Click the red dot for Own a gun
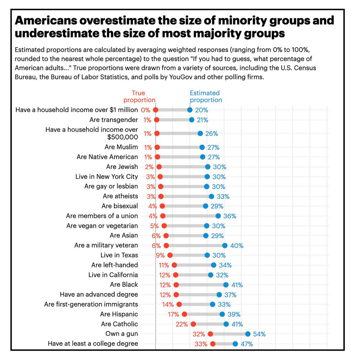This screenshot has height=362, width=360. [210, 334]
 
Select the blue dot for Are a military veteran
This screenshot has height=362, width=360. [225, 246]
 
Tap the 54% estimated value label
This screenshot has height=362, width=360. [259, 334]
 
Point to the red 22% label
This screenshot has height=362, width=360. [182, 324]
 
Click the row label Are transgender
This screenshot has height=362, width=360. [113, 120]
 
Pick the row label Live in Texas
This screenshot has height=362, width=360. [119, 255]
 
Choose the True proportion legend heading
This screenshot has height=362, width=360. [139, 96]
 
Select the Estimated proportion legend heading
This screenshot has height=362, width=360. [205, 96]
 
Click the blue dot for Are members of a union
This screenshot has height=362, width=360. [218, 216]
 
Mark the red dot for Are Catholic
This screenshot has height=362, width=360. [193, 324]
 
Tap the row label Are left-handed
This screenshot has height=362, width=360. [115, 265]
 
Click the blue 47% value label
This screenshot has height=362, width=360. [247, 344]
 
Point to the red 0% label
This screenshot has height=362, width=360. [146, 110]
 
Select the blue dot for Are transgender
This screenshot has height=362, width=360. [192, 120]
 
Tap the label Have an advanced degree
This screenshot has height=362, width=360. [99, 294]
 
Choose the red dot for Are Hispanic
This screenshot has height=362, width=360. [185, 314]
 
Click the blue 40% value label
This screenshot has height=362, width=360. [237, 246]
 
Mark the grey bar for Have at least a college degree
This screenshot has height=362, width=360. [224, 344]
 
